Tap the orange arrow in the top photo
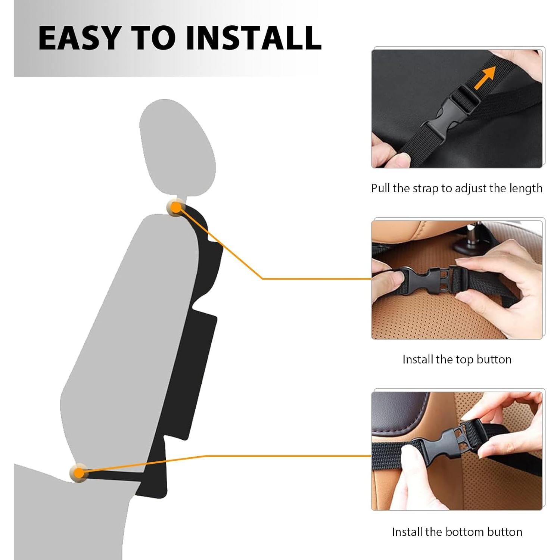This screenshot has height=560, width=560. (485, 78)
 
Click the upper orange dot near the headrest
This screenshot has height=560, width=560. (175, 207)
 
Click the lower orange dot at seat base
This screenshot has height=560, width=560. (79, 473)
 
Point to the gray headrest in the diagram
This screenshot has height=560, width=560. (177, 147)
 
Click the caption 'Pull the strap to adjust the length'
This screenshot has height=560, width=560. (457, 189)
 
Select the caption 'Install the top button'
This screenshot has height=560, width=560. (457, 360)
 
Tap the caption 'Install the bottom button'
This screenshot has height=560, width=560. (457, 532)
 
